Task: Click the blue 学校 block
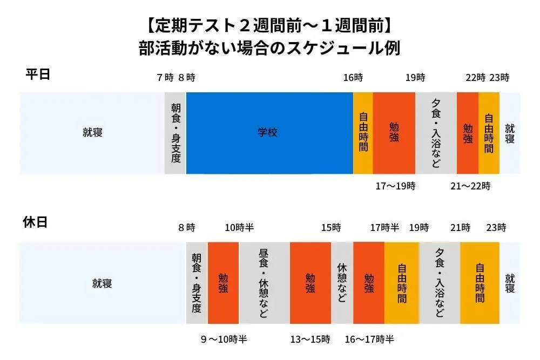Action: click(x=269, y=133)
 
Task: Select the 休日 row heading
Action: click(x=35, y=222)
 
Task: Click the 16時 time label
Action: click(x=353, y=78)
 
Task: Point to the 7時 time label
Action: click(x=165, y=78)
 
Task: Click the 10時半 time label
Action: click(x=239, y=228)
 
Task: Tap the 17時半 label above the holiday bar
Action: click(x=384, y=228)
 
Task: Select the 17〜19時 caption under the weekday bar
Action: click(x=395, y=187)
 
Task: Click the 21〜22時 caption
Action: click(x=470, y=187)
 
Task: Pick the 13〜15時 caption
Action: click(x=310, y=339)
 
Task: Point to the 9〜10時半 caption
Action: click(x=224, y=339)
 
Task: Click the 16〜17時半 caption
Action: click(x=369, y=339)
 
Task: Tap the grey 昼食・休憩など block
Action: click(x=264, y=283)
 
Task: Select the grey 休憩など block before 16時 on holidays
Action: click(x=342, y=283)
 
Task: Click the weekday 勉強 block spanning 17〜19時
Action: click(x=394, y=133)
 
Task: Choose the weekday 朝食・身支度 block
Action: click(x=175, y=133)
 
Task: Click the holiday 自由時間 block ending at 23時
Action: click(x=480, y=283)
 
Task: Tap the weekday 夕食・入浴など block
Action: click(x=436, y=133)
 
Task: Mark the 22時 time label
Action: click(x=476, y=78)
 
